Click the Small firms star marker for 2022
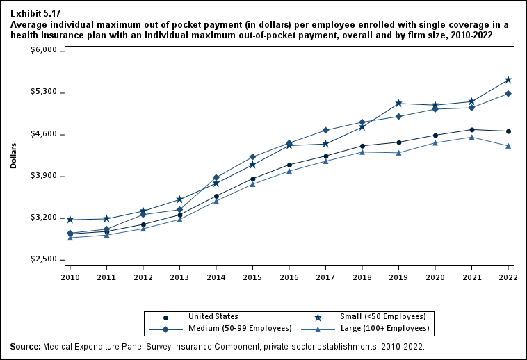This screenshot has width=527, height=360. [x=508, y=80]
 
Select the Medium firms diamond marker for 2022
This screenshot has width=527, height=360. [x=508, y=94]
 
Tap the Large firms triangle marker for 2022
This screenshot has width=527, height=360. [x=508, y=146]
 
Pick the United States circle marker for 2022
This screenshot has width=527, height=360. [x=508, y=131]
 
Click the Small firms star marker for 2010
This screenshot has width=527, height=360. [x=70, y=220]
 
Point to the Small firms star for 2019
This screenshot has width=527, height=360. [x=398, y=104]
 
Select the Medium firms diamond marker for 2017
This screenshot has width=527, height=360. [x=325, y=131]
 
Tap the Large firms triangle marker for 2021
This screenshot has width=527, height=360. [x=472, y=137]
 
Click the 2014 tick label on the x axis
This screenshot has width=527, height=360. [x=216, y=276]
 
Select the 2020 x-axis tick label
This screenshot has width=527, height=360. [x=435, y=276]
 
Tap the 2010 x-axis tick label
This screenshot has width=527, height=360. [x=70, y=276]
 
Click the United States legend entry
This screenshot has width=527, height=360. [x=213, y=316]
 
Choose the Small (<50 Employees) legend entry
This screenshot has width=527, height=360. [x=382, y=316]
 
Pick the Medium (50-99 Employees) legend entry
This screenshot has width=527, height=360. [x=231, y=328]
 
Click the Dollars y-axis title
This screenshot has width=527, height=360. [x=13, y=156]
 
